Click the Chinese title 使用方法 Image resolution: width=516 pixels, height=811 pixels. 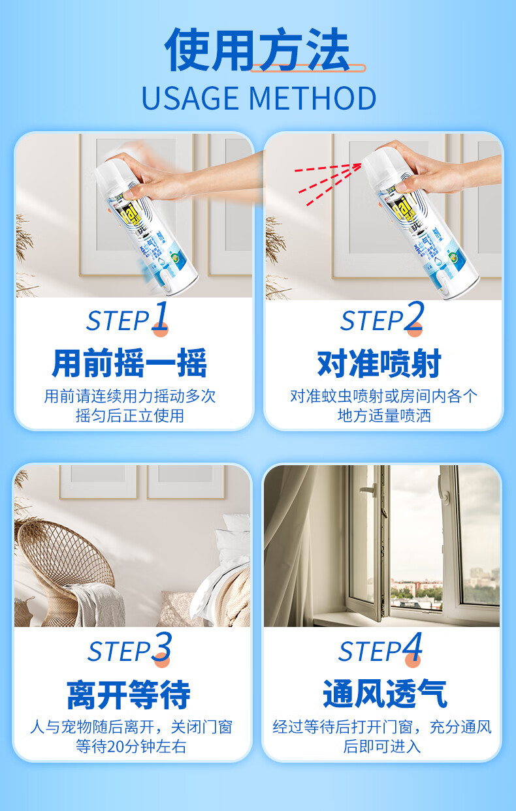pyautogui.click(x=257, y=51)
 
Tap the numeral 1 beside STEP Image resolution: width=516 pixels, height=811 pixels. pyautogui.click(x=161, y=316)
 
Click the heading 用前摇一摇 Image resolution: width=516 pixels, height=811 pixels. pyautogui.click(x=129, y=363)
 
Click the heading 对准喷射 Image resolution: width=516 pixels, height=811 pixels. pyautogui.click(x=379, y=363)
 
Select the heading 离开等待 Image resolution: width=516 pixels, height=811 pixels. pyautogui.click(x=129, y=695)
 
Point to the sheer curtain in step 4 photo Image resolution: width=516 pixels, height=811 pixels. pyautogui.click(x=294, y=548)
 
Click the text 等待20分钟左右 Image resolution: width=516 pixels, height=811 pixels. pyautogui.click(x=131, y=746)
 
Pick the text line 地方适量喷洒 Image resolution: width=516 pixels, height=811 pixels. pyautogui.click(x=384, y=416)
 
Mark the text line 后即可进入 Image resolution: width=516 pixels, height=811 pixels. pyautogui.click(x=382, y=746)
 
